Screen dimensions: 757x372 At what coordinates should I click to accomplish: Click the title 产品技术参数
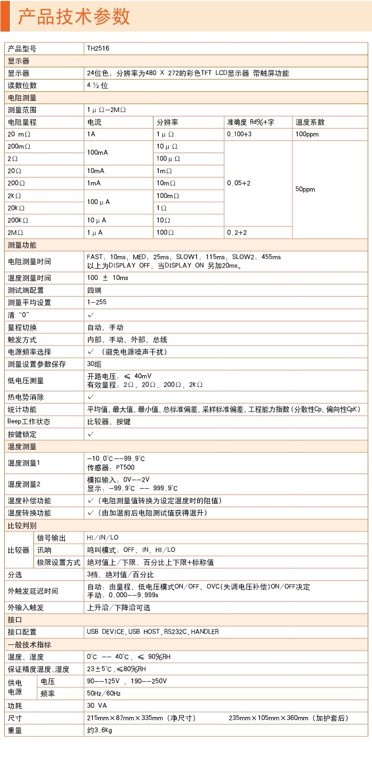click(x=74, y=16)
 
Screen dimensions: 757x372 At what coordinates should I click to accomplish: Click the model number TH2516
click(x=98, y=48)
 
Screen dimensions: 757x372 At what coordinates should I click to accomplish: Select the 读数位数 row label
click(x=22, y=85)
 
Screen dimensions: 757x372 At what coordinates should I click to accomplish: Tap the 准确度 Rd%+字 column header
click(x=251, y=122)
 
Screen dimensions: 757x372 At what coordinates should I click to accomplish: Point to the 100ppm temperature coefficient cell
click(x=307, y=134)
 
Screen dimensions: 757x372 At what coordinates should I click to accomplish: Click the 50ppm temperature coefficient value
click(x=305, y=189)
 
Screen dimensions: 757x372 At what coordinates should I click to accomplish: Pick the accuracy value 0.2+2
click(x=237, y=233)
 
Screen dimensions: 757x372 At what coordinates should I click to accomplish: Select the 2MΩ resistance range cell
click(x=16, y=233)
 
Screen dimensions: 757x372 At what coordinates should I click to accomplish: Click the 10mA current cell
click(x=96, y=171)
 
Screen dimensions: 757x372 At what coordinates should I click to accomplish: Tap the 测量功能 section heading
click(x=22, y=245)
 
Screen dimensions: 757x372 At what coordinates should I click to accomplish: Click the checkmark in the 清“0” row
click(x=91, y=315)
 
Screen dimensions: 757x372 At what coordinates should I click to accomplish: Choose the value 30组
click(x=94, y=364)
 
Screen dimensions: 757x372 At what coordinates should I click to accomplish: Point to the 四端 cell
click(x=94, y=290)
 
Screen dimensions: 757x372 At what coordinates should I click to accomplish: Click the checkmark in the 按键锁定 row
click(x=91, y=434)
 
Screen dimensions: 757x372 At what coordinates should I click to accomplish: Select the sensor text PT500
click(x=125, y=467)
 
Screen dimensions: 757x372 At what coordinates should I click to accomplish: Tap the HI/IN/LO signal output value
click(x=103, y=538)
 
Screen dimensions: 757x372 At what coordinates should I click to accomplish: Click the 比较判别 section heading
click(x=22, y=525)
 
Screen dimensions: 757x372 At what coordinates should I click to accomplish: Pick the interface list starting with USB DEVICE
click(x=153, y=632)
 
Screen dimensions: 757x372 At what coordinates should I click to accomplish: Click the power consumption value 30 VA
click(x=97, y=706)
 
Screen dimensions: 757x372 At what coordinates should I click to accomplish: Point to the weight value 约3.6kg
click(x=100, y=730)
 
